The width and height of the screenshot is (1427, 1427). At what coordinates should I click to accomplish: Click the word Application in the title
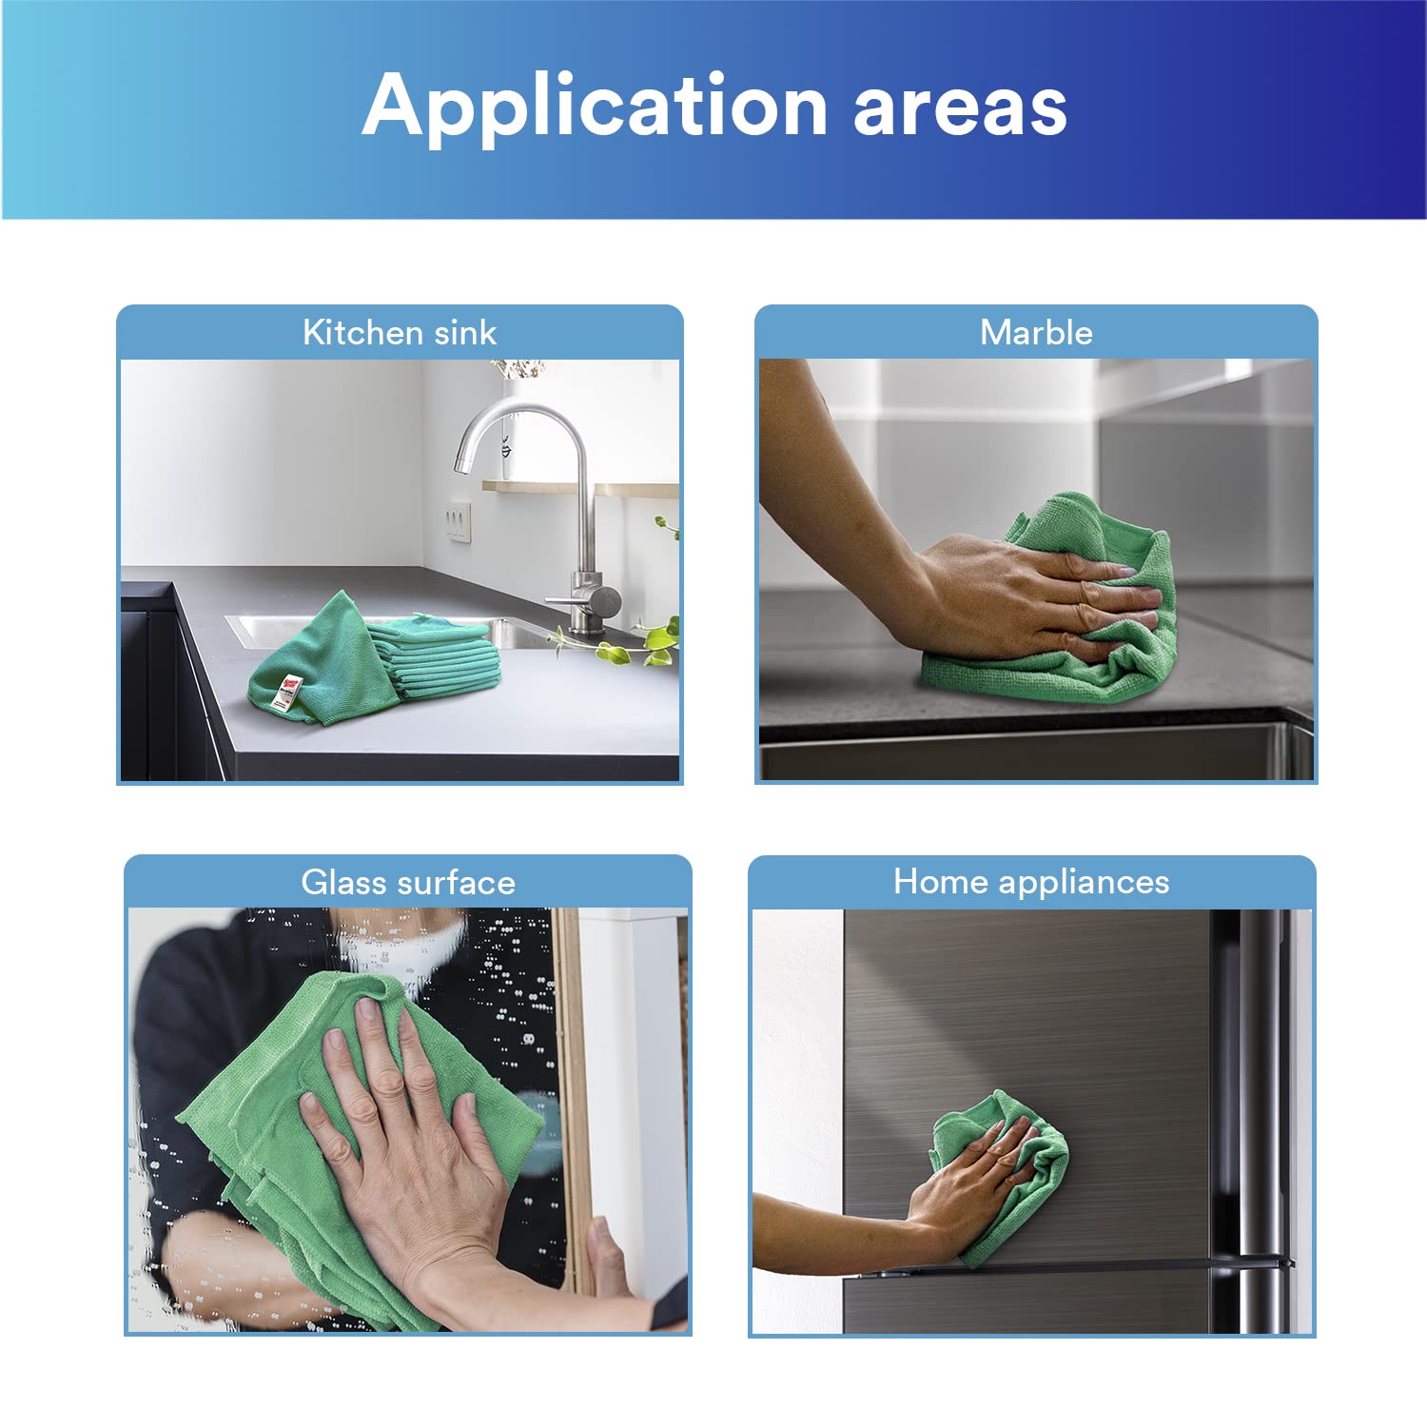pos(595,108)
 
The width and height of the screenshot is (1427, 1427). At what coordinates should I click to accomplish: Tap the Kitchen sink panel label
pos(400,333)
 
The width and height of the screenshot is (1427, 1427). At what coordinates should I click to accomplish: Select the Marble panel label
pos(1036,333)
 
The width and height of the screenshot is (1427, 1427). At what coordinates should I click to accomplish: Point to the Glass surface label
pos(408,883)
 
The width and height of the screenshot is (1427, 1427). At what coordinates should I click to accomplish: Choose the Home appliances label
pos(1031,882)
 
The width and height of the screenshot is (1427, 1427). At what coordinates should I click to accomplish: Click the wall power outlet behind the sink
pos(459,521)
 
